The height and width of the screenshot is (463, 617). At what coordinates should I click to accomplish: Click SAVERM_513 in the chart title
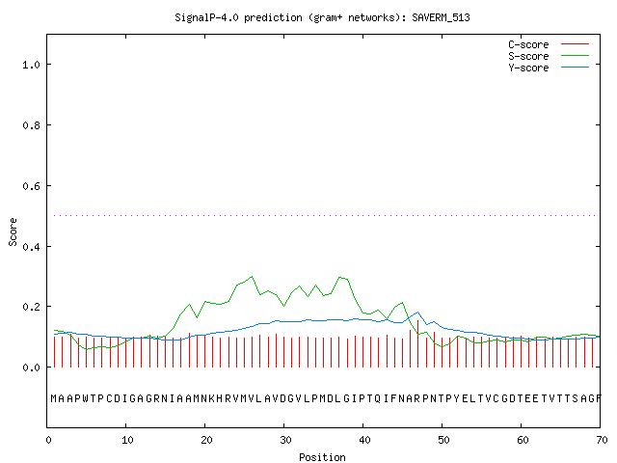pyautogui.click(x=441, y=17)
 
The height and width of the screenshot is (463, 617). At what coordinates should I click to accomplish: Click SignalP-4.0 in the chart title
pyautogui.click(x=206, y=17)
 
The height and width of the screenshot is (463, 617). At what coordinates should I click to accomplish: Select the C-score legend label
pyautogui.click(x=528, y=44)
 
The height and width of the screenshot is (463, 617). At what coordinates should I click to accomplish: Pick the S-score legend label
pyautogui.click(x=528, y=56)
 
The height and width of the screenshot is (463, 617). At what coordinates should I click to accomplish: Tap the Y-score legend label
pyautogui.click(x=528, y=68)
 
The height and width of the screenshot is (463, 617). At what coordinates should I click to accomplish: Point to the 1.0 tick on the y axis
pyautogui.click(x=31, y=65)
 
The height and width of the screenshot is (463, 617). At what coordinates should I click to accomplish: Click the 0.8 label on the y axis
pyautogui.click(x=31, y=125)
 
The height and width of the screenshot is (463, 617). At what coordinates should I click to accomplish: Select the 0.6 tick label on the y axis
pyautogui.click(x=31, y=186)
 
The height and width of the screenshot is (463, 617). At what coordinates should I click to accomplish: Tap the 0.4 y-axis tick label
pyautogui.click(x=31, y=247)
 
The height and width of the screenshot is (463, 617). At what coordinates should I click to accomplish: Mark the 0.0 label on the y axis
pyautogui.click(x=31, y=368)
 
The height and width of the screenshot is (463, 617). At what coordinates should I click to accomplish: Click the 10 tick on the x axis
pyautogui.click(x=127, y=440)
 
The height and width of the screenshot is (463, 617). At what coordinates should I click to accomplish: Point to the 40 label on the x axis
pyautogui.click(x=364, y=440)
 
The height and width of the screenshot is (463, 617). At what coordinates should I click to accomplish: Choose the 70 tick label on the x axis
pyautogui.click(x=602, y=440)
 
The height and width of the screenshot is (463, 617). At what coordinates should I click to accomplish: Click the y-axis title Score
pyautogui.click(x=13, y=232)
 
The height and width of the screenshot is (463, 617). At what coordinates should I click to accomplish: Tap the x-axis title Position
pyautogui.click(x=322, y=457)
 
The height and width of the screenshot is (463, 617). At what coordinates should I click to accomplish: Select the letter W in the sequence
pyautogui.click(x=86, y=398)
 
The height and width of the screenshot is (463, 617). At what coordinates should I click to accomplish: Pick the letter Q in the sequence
pyautogui.click(x=378, y=398)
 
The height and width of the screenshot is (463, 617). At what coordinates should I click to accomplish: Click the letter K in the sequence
pyautogui.click(x=212, y=398)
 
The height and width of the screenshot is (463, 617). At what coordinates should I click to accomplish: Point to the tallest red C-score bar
pyautogui.click(x=417, y=343)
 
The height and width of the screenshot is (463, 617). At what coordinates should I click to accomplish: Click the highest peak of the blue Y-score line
pyautogui.click(x=417, y=313)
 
